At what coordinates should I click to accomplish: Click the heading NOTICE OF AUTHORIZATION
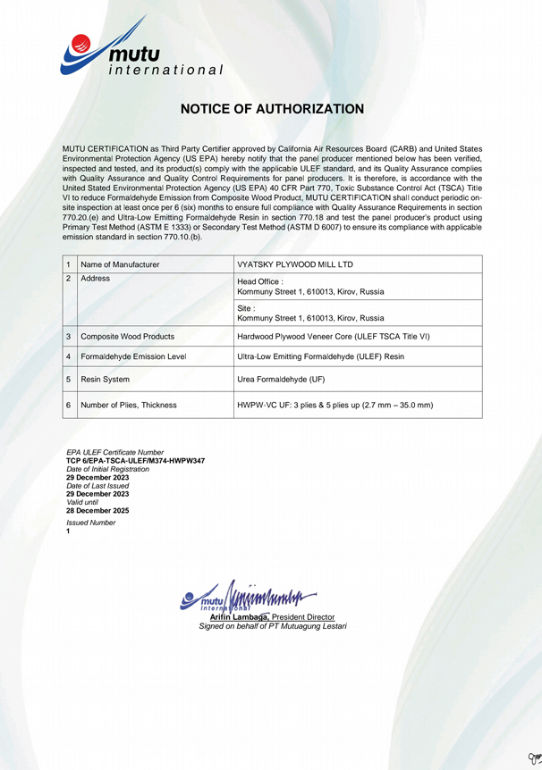click(x=272, y=109)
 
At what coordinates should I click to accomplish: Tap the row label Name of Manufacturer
click(x=120, y=264)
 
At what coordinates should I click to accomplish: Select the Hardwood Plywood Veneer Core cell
click(x=334, y=337)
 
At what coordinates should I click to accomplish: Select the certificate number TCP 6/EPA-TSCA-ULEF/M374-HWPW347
click(x=135, y=461)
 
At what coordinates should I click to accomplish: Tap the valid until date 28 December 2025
click(x=97, y=510)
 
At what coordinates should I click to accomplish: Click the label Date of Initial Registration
click(x=108, y=469)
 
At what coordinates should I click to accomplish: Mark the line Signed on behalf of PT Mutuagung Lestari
click(x=272, y=626)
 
